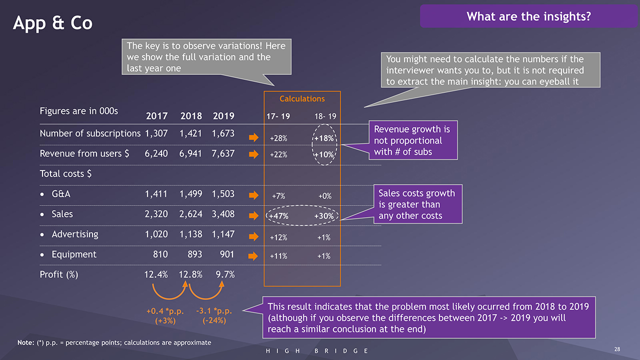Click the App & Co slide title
[x=52, y=23]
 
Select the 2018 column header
[x=190, y=116]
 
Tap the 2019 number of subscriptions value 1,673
[x=223, y=133]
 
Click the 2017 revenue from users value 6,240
[x=156, y=153]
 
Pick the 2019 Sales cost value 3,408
[x=223, y=214]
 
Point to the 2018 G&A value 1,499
[x=190, y=194]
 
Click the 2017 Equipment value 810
[x=160, y=254]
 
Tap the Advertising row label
[x=74, y=234]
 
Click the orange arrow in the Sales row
[x=253, y=216]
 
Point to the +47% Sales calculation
[x=278, y=216]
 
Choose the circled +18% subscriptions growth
[x=324, y=138]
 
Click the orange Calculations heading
[x=302, y=99]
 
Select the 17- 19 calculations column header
[x=278, y=116]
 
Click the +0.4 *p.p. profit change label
[x=165, y=312]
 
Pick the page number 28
[x=617, y=349]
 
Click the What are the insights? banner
[x=528, y=16]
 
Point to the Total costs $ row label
[x=65, y=174]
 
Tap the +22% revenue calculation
[x=278, y=155]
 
